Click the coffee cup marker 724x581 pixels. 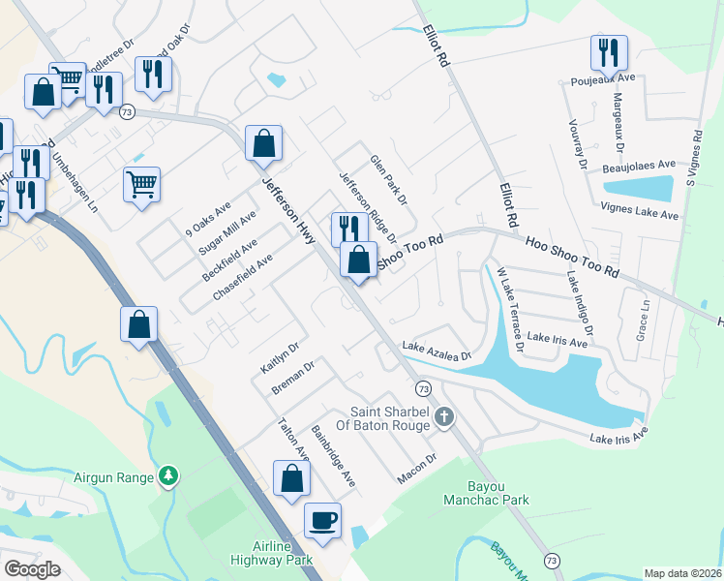(322, 520)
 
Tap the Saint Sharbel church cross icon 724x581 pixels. (444, 417)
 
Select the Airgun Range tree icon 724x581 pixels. (169, 475)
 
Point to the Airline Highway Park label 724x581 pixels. (271, 553)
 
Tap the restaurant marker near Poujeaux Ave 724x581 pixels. (609, 52)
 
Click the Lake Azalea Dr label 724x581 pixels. (436, 351)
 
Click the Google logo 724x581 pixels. (32, 568)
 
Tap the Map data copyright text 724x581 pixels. (682, 573)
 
